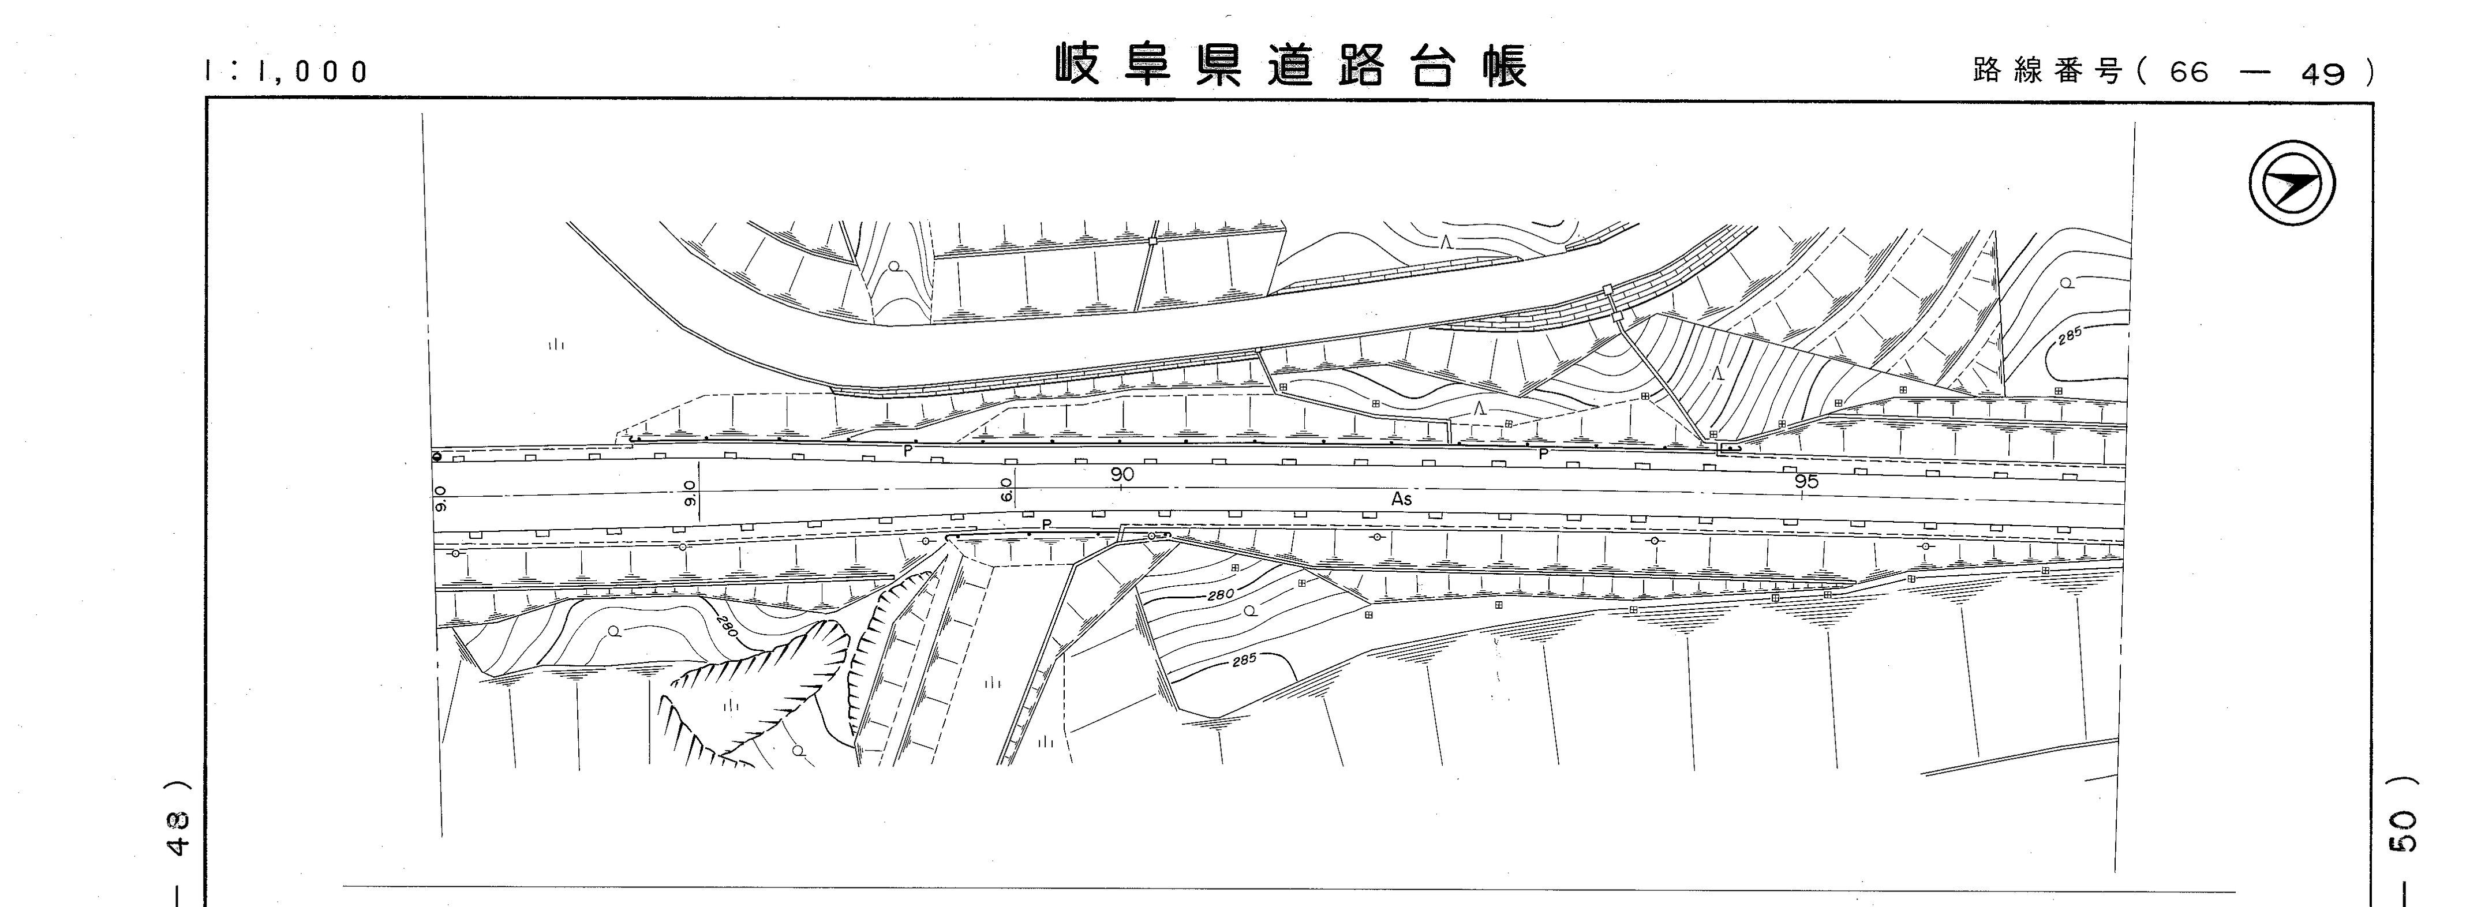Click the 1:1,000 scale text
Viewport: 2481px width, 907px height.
tap(287, 71)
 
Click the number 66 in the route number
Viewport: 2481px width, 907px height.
tap(2189, 72)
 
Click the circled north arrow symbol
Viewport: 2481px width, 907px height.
tap(2292, 184)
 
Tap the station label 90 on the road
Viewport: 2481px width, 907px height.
tap(1122, 475)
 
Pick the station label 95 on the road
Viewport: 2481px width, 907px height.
tap(1808, 481)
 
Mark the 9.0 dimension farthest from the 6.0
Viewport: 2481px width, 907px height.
tap(441, 499)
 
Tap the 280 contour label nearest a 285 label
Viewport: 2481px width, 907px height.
tap(1220, 595)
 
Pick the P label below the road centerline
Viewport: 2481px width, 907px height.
tap(1047, 524)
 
